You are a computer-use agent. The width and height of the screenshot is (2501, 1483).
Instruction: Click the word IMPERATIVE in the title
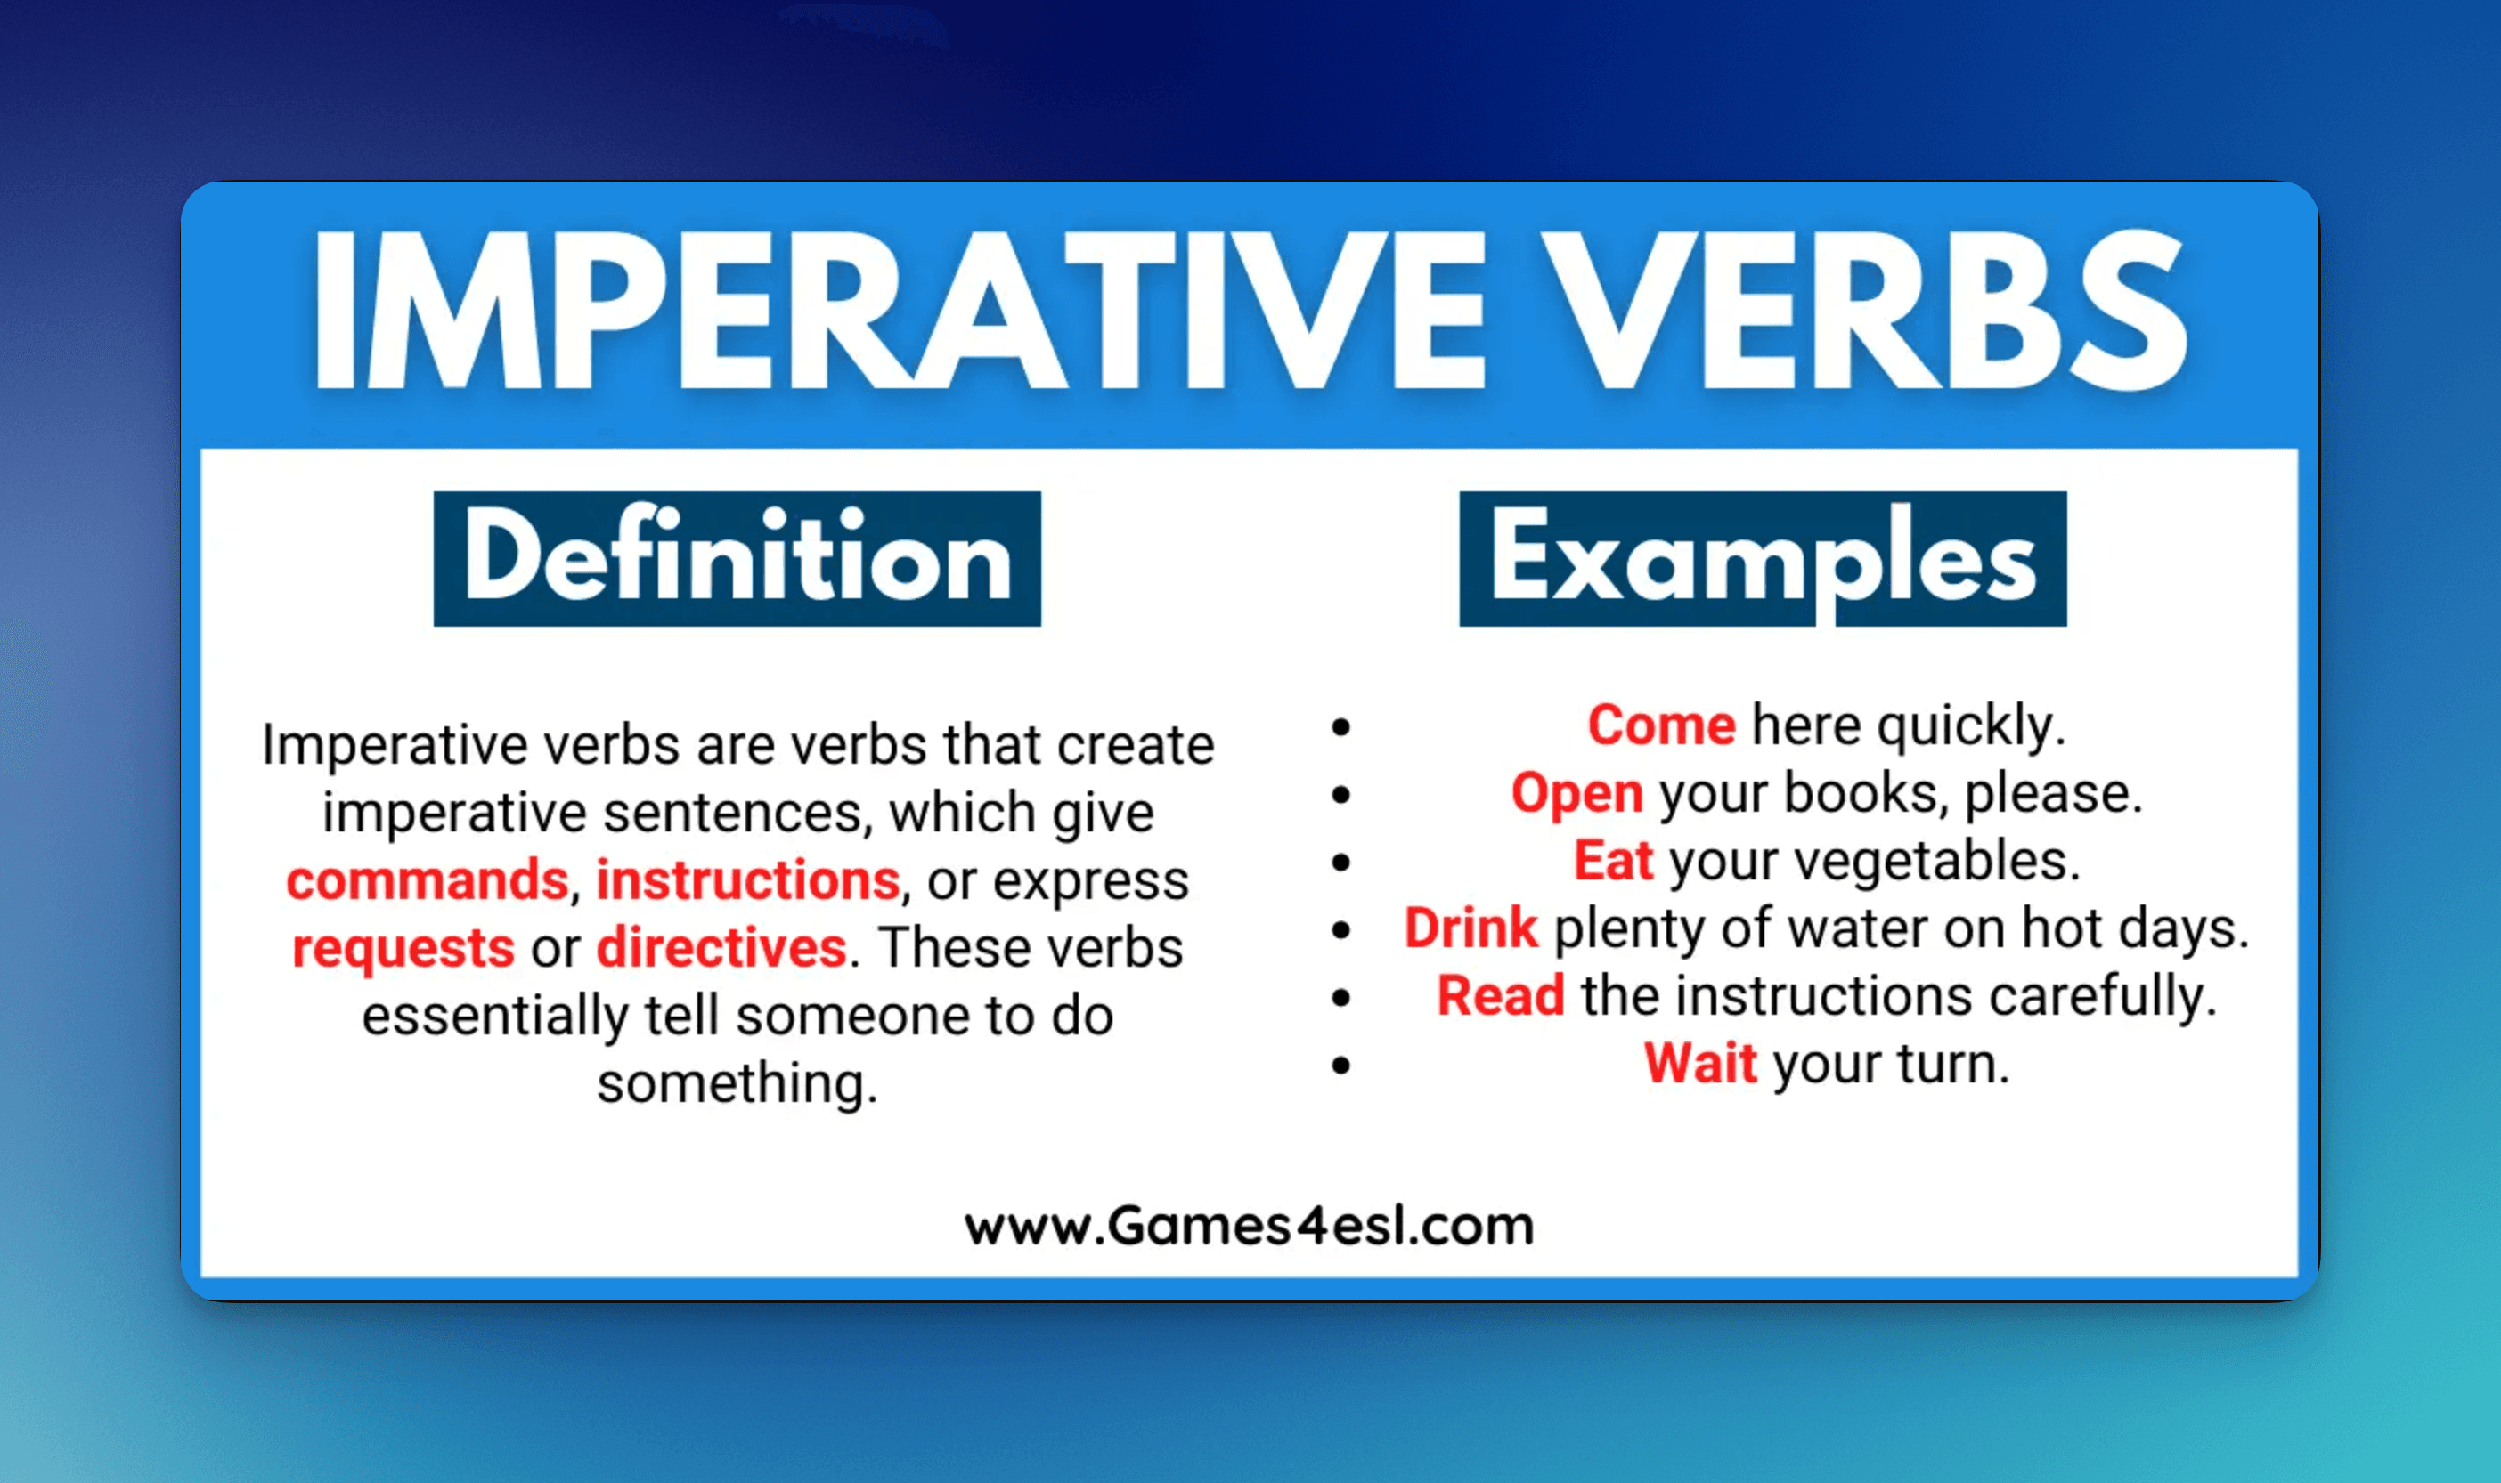coord(900,309)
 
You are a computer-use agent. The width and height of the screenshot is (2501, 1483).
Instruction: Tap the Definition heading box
coord(737,559)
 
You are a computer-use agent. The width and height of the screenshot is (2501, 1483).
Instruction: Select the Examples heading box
coord(1763,559)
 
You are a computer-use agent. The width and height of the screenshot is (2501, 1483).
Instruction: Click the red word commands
coord(427,880)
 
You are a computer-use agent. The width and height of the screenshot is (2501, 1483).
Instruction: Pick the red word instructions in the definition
coord(747,880)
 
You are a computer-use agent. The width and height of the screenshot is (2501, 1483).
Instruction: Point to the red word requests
coord(403,948)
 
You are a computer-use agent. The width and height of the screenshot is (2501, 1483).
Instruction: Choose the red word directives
coord(721,947)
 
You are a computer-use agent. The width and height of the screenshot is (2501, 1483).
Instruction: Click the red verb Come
coord(1661,725)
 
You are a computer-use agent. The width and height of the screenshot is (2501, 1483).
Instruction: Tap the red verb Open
coord(1576,793)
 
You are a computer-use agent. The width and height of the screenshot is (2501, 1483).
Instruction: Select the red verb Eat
coord(1613,861)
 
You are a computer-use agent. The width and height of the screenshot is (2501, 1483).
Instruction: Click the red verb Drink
coord(1470,928)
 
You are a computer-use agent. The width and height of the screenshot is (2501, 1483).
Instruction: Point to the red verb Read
coord(1501,995)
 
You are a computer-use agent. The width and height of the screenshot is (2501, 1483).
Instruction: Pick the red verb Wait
coord(1700,1063)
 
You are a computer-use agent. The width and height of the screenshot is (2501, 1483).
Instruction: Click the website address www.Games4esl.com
coord(1249,1226)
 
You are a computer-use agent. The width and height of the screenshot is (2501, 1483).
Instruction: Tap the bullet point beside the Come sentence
coord(1341,727)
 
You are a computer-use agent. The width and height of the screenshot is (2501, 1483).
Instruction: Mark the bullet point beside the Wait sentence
coord(1341,1066)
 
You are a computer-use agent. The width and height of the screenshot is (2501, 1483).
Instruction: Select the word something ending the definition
coord(737,1084)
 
